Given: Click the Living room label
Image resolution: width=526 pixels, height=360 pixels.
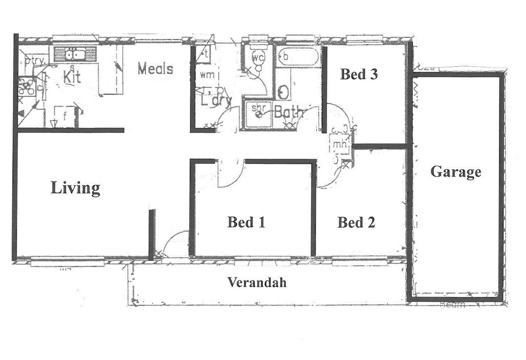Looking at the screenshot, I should coord(75,188).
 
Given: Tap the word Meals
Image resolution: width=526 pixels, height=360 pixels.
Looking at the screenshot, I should coord(155,68).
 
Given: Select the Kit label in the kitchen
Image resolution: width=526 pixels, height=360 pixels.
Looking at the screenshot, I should coord(72,77).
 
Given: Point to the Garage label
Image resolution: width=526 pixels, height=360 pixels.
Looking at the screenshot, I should coord(456,172).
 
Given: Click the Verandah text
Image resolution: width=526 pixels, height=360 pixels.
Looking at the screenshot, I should coord(257,282).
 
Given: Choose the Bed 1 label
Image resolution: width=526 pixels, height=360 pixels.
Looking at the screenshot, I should coord(246,222).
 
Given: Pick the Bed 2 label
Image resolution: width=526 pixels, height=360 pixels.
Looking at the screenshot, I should coord(356,222).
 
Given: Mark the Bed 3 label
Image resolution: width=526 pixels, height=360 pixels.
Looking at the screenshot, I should coord(359,74).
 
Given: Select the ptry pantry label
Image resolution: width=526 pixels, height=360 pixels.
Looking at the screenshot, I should coord(34,62).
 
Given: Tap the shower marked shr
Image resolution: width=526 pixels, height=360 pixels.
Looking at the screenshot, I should coord(258,113).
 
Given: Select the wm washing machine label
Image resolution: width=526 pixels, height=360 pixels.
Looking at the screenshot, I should coord(207,75).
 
